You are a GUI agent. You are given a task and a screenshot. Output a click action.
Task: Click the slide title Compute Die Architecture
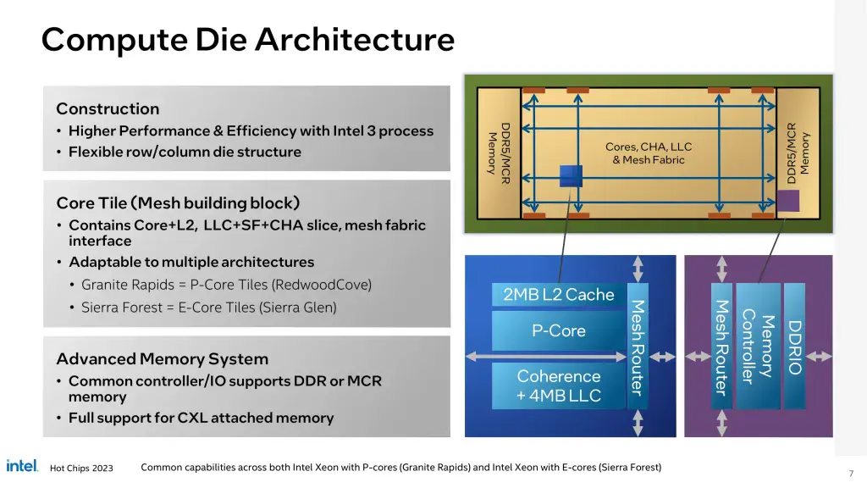coord(247,40)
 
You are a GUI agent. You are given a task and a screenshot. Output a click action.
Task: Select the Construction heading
coord(108,108)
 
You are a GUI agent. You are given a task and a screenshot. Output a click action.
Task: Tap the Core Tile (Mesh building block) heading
coord(178,203)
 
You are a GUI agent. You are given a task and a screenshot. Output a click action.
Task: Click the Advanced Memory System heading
coord(162,358)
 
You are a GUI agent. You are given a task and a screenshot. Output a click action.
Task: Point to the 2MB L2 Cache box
coord(558,295)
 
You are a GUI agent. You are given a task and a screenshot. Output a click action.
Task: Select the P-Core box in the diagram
coord(558,330)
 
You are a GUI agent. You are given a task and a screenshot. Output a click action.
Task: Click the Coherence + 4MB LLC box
coord(558,386)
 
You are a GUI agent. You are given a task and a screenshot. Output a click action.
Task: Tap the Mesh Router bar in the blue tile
coord(637,347)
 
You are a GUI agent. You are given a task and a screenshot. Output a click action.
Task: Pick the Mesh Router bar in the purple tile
coord(721,347)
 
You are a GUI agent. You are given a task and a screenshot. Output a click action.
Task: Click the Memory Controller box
coord(758,347)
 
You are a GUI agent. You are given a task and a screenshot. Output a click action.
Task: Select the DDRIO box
coord(794,347)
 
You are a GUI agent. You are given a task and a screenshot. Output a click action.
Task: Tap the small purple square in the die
coord(788,201)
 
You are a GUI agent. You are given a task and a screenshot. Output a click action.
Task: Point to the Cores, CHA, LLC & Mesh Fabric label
coord(649,153)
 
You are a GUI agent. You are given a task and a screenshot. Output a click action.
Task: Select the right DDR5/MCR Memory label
coord(798,153)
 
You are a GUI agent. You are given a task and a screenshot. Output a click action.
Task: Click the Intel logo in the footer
coord(21,466)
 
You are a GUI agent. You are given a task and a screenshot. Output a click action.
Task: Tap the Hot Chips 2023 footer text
coord(81,468)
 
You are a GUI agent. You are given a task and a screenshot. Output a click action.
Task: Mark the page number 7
coord(849,474)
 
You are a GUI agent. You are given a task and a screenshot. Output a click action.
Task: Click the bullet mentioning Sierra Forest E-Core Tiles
coord(208,308)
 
